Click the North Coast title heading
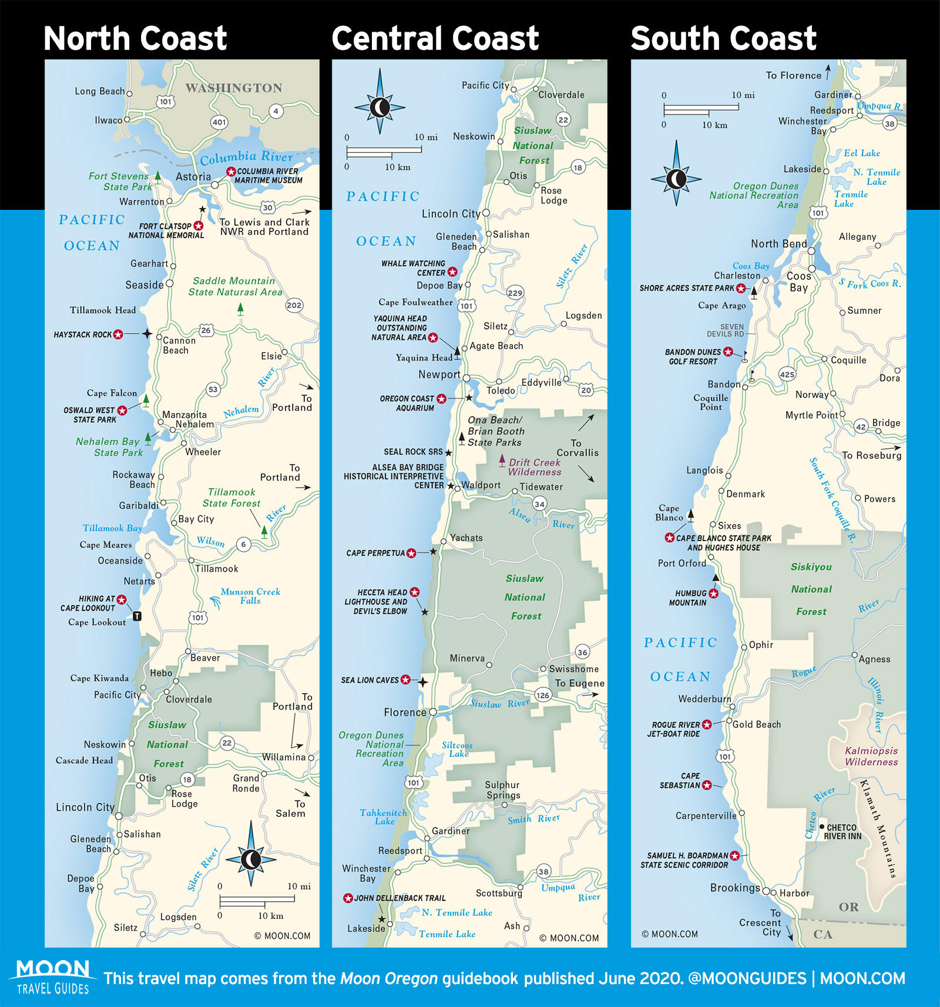tap(135, 39)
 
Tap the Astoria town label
tap(193, 177)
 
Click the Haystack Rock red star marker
tap(118, 334)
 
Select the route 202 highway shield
tap(294, 305)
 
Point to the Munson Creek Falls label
tap(250, 596)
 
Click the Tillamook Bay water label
tap(112, 528)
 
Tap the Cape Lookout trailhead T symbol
tap(137, 616)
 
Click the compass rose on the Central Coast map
tap(380, 108)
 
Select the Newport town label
tap(439, 375)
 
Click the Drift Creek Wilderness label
tap(535, 467)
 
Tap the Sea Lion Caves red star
tap(405, 680)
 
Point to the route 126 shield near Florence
tap(542, 695)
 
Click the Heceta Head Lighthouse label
tap(380, 602)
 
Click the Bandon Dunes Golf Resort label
tap(693, 357)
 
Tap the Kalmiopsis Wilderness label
tap(871, 756)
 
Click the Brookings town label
tap(735, 888)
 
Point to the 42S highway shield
tap(787, 374)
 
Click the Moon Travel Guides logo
tap(53, 977)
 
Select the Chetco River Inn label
tap(842, 831)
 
